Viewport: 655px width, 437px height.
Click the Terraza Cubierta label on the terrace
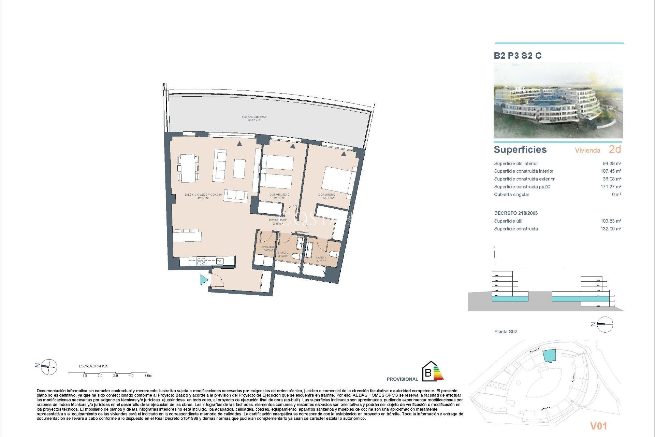click(x=254, y=118)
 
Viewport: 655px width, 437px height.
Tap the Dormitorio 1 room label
click(x=328, y=196)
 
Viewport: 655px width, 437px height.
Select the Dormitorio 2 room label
click(x=279, y=196)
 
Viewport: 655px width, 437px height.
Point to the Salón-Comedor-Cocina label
click(x=203, y=196)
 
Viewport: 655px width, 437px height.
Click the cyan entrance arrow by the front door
click(x=204, y=280)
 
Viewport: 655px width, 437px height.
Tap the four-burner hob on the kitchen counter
click(x=201, y=262)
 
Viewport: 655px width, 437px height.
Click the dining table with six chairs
click(x=188, y=168)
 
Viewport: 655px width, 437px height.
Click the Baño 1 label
click(x=321, y=259)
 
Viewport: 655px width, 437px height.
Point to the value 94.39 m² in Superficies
click(x=612, y=164)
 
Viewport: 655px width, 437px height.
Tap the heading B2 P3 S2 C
click(x=518, y=56)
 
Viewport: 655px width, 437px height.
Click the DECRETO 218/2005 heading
click(x=516, y=213)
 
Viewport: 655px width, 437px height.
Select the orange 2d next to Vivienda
click(x=615, y=150)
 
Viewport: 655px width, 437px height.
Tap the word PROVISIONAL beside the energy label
click(x=402, y=379)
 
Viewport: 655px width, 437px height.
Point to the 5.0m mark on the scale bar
click(x=148, y=376)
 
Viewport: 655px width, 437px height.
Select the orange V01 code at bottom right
click(x=599, y=426)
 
